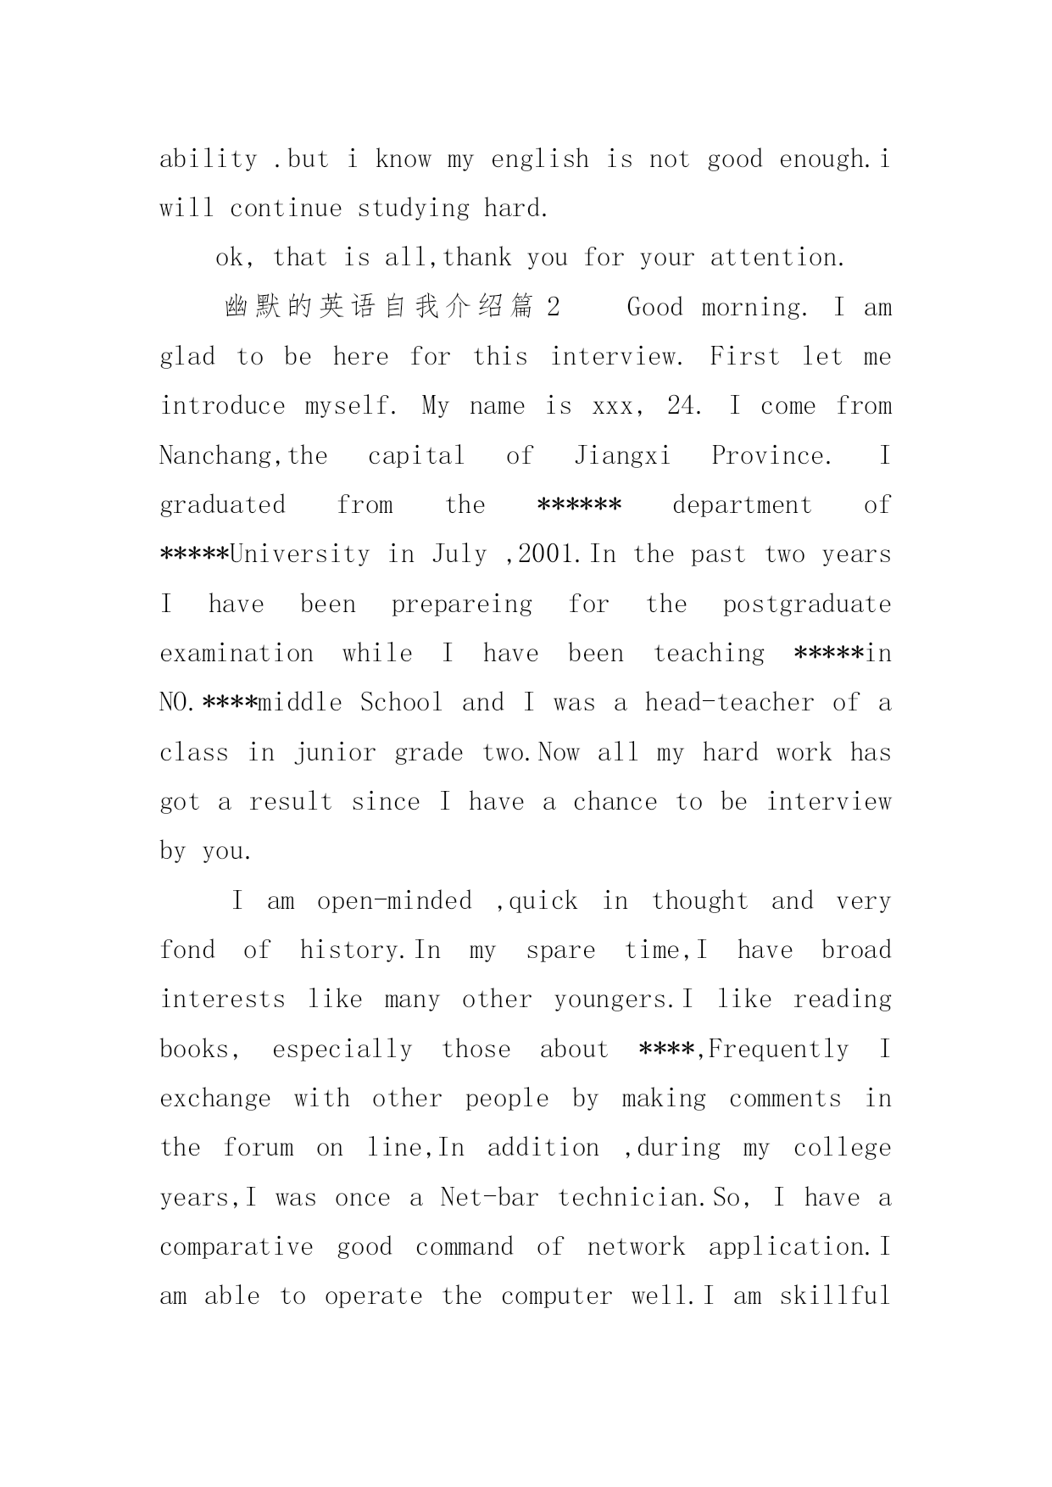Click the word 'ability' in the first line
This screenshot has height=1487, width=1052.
click(x=209, y=159)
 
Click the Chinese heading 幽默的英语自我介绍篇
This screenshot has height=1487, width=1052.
click(x=380, y=307)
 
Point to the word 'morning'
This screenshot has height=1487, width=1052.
click(x=754, y=307)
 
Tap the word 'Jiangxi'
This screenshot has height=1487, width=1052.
click(x=622, y=456)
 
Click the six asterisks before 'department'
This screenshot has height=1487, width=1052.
click(x=580, y=505)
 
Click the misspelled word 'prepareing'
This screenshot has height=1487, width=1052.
click(x=462, y=604)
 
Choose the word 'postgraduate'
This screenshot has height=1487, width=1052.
click(x=807, y=604)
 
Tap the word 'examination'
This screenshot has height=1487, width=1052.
click(x=237, y=654)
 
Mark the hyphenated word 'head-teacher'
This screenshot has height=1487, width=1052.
click(x=728, y=703)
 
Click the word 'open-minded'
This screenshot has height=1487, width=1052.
click(x=394, y=901)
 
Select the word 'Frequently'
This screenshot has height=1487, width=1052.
click(x=778, y=1050)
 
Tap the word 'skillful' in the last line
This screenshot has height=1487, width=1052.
click(x=835, y=1296)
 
